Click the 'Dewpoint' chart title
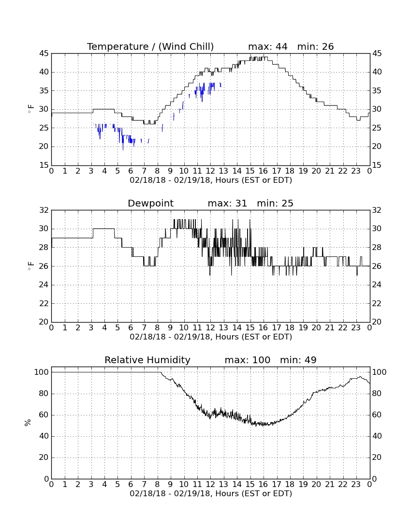click(150, 204)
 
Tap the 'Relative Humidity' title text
click(147, 360)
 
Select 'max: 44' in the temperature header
click(268, 46)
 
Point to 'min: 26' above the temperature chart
click(315, 46)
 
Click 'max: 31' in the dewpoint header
click(227, 204)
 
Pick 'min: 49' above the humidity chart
click(298, 360)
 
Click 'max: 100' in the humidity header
click(248, 360)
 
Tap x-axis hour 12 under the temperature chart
click(210, 171)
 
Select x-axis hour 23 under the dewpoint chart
click(356, 328)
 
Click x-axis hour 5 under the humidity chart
click(117, 485)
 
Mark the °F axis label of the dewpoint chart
click(30, 266)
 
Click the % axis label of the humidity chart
click(28, 423)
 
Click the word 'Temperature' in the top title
click(117, 46)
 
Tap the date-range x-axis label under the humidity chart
click(211, 494)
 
